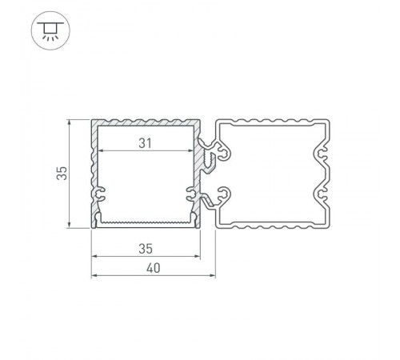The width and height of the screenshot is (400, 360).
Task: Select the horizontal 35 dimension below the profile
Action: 145,248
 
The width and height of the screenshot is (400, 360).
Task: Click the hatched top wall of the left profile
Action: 145,124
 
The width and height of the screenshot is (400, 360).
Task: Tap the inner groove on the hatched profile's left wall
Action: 101,193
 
